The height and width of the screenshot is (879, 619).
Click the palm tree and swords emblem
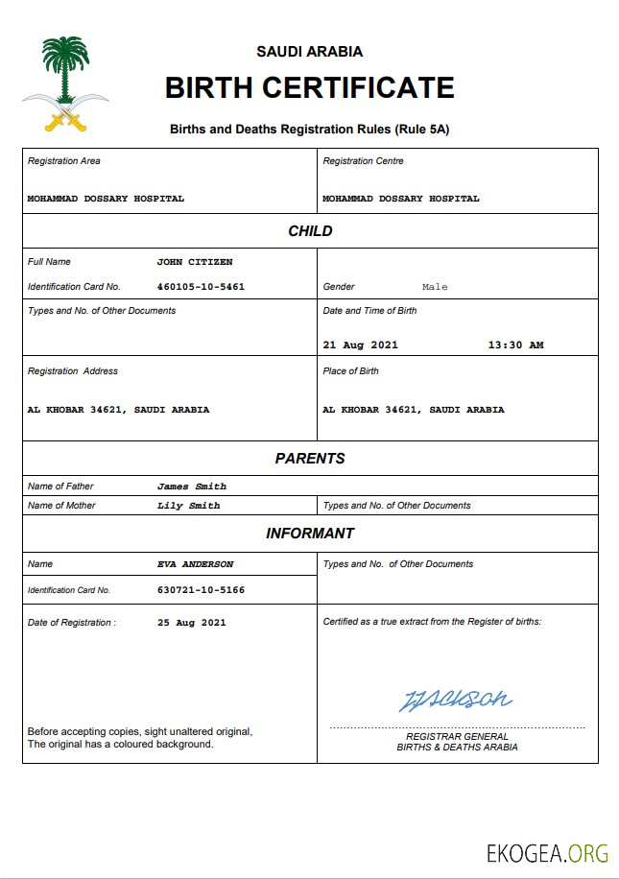click(x=65, y=84)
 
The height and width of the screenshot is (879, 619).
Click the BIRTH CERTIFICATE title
click(x=309, y=87)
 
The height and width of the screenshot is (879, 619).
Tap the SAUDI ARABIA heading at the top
click(x=309, y=52)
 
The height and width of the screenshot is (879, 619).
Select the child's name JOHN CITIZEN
click(x=195, y=261)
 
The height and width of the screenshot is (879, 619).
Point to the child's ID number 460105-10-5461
click(x=201, y=286)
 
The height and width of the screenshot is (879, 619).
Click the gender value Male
click(x=435, y=287)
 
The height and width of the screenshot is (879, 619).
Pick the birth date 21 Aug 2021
click(x=360, y=344)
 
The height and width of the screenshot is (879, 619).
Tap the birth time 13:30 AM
click(x=515, y=344)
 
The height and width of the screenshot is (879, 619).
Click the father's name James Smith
click(x=192, y=487)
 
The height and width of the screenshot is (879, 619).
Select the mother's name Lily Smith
click(x=189, y=506)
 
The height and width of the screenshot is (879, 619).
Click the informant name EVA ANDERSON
click(x=195, y=564)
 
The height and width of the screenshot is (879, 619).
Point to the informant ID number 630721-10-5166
click(x=201, y=590)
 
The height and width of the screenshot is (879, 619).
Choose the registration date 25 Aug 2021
click(x=192, y=623)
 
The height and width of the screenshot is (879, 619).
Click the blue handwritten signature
click(x=455, y=700)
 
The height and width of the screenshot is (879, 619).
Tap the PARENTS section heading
click(x=310, y=459)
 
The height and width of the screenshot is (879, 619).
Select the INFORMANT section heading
click(x=310, y=534)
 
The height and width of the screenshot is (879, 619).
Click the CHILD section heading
click(x=310, y=231)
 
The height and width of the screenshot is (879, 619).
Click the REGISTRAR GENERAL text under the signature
click(x=457, y=737)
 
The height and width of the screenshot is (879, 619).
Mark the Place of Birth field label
click(x=350, y=371)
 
